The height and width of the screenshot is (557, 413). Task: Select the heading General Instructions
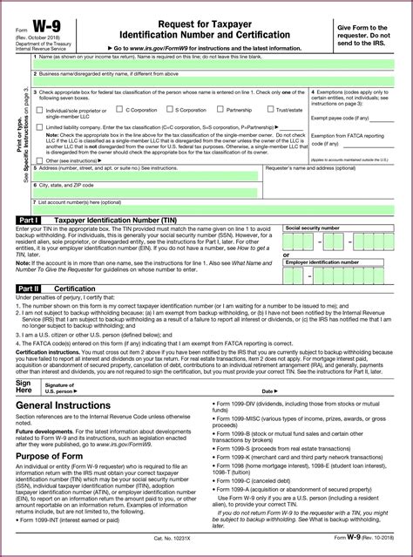point(62,383)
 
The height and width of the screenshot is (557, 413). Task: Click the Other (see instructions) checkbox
point(39,161)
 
